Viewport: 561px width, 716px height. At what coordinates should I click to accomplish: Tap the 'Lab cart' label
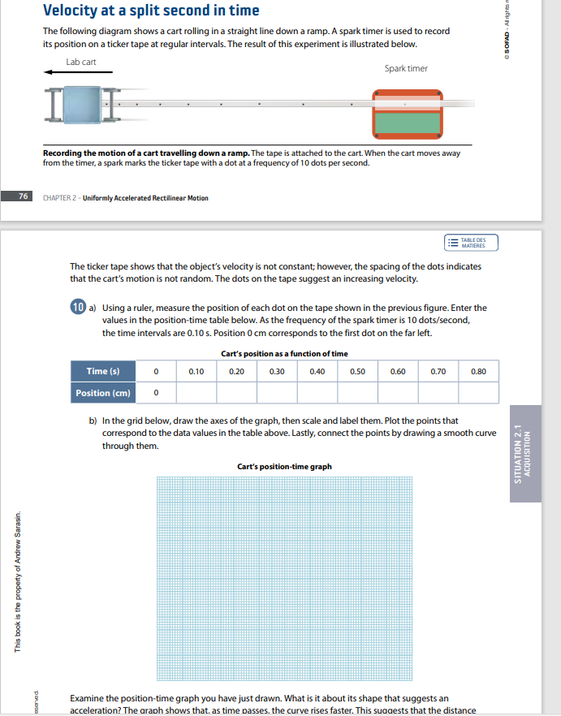pyautogui.click(x=81, y=62)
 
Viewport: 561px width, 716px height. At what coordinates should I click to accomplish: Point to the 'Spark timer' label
pyautogui.click(x=406, y=68)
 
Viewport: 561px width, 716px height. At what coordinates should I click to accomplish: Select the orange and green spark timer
pyautogui.click(x=408, y=114)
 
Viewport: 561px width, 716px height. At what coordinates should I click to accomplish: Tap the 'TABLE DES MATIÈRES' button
pyautogui.click(x=470, y=243)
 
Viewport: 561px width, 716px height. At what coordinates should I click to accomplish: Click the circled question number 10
pyautogui.click(x=78, y=308)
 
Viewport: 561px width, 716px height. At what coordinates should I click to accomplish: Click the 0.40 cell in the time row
pyautogui.click(x=317, y=372)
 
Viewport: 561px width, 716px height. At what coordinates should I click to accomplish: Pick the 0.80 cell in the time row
pyautogui.click(x=478, y=372)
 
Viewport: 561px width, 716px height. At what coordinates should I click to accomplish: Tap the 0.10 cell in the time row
pyautogui.click(x=196, y=372)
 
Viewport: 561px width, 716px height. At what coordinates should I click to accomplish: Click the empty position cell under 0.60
pyautogui.click(x=398, y=393)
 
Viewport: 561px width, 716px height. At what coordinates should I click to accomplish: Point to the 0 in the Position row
pyautogui.click(x=155, y=393)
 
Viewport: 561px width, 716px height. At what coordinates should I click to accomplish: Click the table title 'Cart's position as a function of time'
pyautogui.click(x=284, y=354)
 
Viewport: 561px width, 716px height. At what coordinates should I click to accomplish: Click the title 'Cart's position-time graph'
pyautogui.click(x=284, y=467)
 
